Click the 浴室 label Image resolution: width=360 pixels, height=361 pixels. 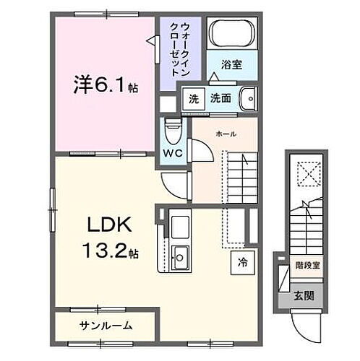(x=231, y=65)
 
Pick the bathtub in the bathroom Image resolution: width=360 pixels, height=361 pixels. (x=232, y=32)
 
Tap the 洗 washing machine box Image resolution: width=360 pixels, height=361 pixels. (x=193, y=100)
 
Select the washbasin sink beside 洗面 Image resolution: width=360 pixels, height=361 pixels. (x=247, y=98)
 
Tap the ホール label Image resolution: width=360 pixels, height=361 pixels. (x=226, y=134)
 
